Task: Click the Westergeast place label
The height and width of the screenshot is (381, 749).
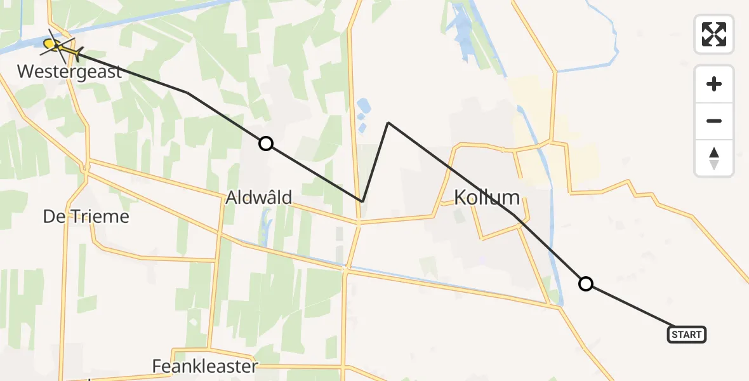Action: tap(70, 71)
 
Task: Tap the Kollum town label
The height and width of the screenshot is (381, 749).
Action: tap(487, 197)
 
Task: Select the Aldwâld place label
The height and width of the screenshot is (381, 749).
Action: tap(259, 198)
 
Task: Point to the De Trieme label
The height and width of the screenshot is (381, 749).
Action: tap(86, 217)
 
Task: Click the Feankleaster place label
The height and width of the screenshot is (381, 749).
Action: tap(205, 366)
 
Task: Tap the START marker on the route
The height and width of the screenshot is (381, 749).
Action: tap(686, 335)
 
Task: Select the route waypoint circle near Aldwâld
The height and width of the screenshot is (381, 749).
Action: tap(266, 144)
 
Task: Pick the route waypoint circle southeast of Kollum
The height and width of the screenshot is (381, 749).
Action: tap(586, 284)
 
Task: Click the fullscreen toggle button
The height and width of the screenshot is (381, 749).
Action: tap(714, 34)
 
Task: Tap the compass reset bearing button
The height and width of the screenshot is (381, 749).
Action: tap(714, 158)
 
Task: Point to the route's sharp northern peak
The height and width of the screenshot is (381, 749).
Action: tap(388, 123)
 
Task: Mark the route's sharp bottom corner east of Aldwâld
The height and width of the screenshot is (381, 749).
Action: tap(362, 201)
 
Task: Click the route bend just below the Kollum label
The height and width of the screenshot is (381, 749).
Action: tap(514, 216)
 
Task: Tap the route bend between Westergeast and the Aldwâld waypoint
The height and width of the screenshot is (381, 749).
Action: tap(187, 93)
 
